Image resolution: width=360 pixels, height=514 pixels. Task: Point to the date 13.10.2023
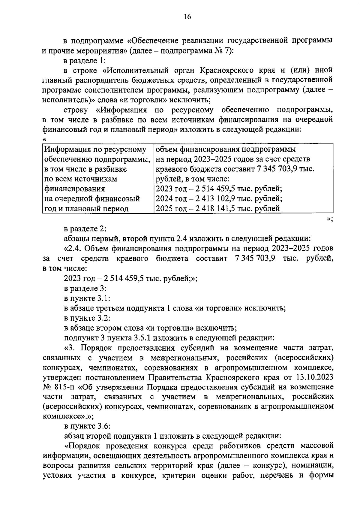(314, 377)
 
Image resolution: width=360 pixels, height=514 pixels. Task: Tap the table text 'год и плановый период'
(86, 208)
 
